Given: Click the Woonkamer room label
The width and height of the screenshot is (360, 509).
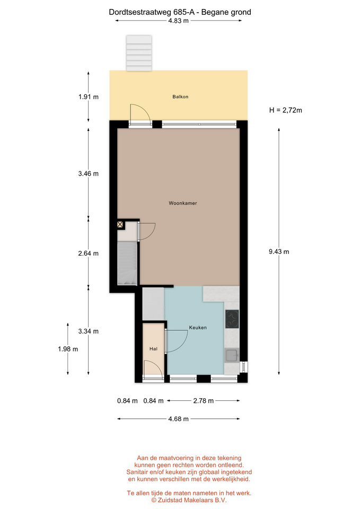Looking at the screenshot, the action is tap(183, 203).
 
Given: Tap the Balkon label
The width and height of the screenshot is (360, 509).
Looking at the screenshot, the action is tap(180, 96).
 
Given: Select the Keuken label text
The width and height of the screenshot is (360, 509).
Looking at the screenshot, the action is tap(198, 328).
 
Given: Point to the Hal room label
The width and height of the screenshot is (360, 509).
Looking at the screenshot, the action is tap(153, 349).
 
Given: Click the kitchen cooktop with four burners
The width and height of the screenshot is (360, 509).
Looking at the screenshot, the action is tap(232, 319).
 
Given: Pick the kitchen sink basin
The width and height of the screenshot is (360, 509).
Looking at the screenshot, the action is tap(232, 355).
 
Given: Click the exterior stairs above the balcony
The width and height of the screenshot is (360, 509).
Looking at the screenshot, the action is tap(139, 53).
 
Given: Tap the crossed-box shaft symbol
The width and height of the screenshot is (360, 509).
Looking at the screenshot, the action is tap(120, 224).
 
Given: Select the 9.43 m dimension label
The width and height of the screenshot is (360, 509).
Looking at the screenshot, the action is tap(279, 251).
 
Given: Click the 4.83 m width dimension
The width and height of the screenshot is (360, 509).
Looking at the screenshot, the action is tap(178, 21).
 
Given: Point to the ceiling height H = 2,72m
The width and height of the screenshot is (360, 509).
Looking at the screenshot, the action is tap(286, 110).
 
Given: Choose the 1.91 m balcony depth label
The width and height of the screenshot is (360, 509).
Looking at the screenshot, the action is tap(89, 96).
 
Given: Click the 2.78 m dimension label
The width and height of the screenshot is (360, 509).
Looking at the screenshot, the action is tap(204, 401).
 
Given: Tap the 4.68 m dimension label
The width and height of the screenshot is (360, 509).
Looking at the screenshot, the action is tap(178, 419).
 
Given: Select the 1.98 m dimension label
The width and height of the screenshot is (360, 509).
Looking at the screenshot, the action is tap(68, 349).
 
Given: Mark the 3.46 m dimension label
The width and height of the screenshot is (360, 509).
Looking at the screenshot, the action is tap(89, 174).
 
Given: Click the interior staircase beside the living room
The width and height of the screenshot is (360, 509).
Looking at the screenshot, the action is tap(127, 264).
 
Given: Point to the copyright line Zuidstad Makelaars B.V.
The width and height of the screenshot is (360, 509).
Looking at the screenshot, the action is tap(189, 500).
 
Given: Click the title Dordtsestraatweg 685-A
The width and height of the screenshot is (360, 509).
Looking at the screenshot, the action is tap(152, 12).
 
